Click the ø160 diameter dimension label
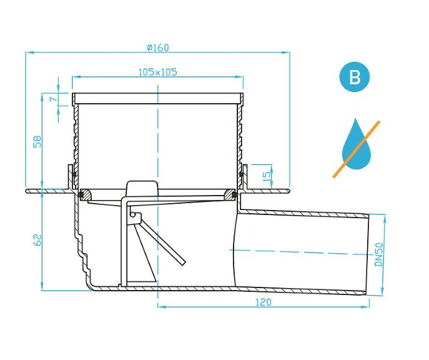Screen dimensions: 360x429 [158, 47]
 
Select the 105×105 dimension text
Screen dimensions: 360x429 [157, 72]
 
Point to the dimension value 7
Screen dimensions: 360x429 [54, 99]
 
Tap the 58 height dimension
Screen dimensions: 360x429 [37, 142]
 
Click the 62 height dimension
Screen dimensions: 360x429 [37, 240]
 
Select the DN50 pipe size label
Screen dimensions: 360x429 [379, 253]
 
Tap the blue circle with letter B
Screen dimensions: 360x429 [354, 78]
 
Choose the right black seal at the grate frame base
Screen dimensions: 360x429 [235, 195]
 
